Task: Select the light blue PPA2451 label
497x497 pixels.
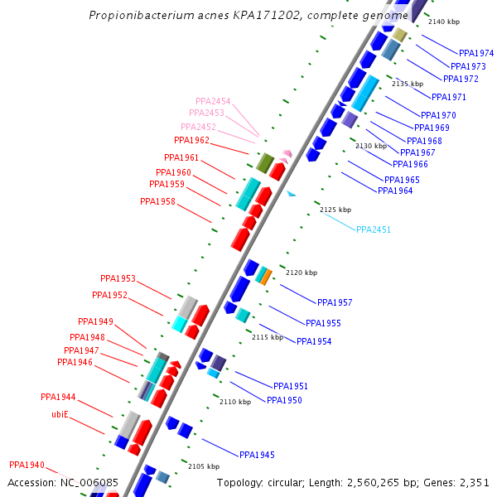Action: (373, 229)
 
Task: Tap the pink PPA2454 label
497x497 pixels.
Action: (213, 101)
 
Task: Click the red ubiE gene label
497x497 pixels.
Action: (60, 413)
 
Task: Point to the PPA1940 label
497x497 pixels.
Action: (27, 465)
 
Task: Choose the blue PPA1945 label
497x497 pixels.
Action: (257, 455)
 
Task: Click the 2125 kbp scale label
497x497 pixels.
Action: (335, 210)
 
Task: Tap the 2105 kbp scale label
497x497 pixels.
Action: (204, 466)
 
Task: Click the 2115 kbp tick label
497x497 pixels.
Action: (268, 337)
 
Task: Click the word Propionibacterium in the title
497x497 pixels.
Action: (131, 16)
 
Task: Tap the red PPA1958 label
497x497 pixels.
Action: (157, 201)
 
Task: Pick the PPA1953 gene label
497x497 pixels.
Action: (118, 278)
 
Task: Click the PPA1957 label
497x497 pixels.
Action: (335, 302)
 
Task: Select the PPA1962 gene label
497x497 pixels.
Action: (191, 140)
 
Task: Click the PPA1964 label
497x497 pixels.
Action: (395, 191)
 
